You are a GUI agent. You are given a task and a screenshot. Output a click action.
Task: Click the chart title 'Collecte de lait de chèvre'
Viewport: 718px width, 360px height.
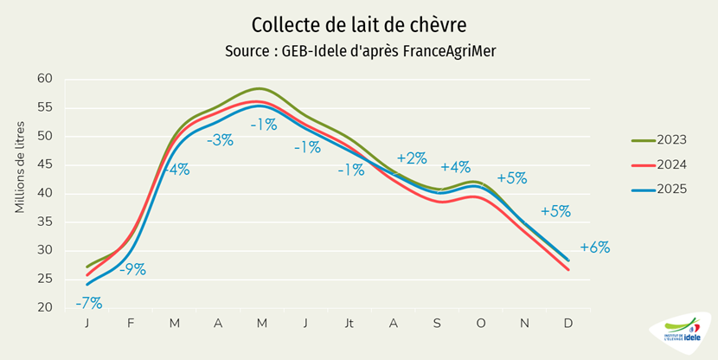pyautogui.click(x=358, y=22)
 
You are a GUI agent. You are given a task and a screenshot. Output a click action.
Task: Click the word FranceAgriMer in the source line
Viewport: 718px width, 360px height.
pyautogui.click(x=446, y=51)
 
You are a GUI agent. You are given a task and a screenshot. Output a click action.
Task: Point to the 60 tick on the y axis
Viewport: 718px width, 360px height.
pyautogui.click(x=45, y=79)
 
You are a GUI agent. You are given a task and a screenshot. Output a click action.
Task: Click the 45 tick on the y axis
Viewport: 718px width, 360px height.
pyautogui.click(x=45, y=164)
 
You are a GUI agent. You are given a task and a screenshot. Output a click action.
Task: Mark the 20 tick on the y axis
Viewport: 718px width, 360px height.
pyautogui.click(x=45, y=308)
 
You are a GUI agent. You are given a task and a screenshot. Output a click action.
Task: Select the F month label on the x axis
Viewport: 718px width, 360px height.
pyautogui.click(x=131, y=323)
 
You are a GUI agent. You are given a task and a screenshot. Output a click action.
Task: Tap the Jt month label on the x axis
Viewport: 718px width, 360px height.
pyautogui.click(x=349, y=323)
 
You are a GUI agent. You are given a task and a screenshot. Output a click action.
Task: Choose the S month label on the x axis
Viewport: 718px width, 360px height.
pyautogui.click(x=438, y=323)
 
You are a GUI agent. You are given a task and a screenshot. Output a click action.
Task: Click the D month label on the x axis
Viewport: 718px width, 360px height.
pyautogui.click(x=568, y=323)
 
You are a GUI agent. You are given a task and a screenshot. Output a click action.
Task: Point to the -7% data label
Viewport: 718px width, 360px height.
pyautogui.click(x=88, y=303)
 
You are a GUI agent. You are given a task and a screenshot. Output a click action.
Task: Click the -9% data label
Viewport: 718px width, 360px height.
pyautogui.click(x=131, y=269)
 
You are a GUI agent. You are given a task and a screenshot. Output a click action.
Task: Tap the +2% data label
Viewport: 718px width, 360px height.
pyautogui.click(x=412, y=158)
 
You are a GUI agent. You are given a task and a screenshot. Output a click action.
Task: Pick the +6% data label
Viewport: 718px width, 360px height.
pyautogui.click(x=595, y=247)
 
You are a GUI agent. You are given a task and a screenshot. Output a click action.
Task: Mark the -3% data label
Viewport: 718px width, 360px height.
pyautogui.click(x=220, y=140)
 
